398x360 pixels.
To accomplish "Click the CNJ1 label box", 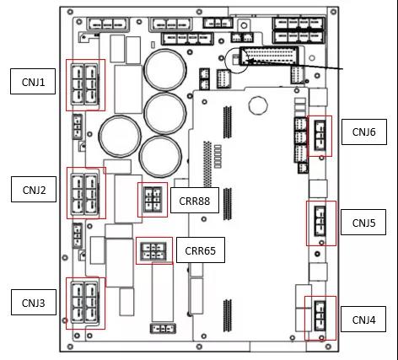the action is tap(33, 81).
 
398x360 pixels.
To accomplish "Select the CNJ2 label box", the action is tap(34, 189).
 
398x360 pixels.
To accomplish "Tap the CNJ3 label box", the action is tap(34, 303).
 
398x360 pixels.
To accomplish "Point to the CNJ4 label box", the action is tap(363, 319).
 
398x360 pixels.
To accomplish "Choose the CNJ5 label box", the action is tap(363, 222).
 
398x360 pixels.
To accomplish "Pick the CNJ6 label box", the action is tap(364, 132).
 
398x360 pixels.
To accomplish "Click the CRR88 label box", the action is tap(195, 201).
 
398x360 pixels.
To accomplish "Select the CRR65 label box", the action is tap(201, 250).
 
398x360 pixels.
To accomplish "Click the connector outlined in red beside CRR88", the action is tap(153, 200).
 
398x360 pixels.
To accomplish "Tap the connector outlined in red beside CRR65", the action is tap(153, 251).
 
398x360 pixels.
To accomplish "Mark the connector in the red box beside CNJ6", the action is tap(320, 136).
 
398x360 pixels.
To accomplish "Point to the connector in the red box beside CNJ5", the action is tap(320, 222).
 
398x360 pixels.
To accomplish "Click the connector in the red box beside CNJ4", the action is tap(320, 316).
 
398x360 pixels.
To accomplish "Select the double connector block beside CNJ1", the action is tap(84, 84).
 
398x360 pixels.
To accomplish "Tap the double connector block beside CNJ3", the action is tap(84, 303).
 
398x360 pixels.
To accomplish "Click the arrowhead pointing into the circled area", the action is tap(250, 60).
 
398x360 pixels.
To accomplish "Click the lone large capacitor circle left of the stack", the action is tap(120, 137).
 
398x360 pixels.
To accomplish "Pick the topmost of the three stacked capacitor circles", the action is tap(165, 70).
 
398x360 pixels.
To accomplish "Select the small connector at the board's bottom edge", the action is tap(163, 329).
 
